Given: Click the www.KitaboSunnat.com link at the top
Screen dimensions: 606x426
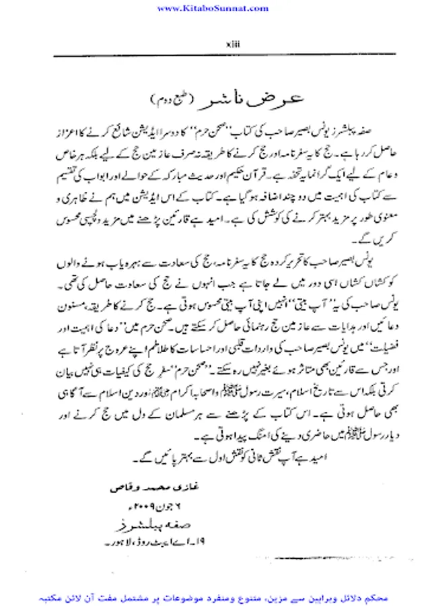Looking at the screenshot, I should click(x=213, y=7).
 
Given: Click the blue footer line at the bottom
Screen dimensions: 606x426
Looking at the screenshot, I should click(x=213, y=597).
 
